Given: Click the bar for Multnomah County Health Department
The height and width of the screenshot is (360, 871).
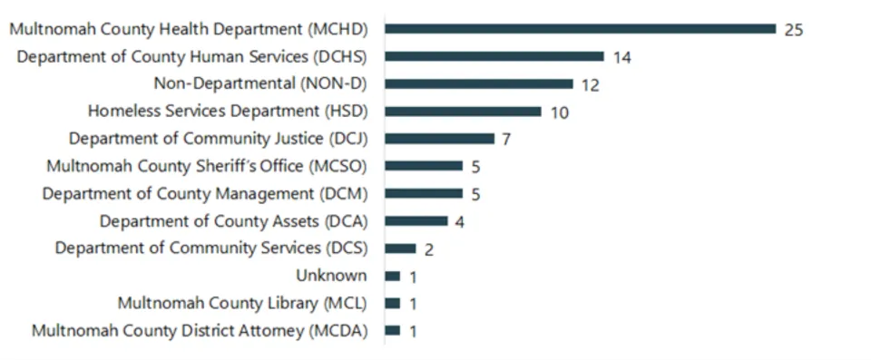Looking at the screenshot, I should point(581,29).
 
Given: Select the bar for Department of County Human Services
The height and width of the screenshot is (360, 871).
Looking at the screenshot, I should point(494,56).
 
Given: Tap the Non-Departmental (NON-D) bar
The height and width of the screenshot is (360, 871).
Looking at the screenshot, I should point(479,84).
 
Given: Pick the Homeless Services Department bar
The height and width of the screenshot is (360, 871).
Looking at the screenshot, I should point(463,112).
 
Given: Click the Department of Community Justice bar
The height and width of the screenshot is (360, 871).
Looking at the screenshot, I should point(440,139).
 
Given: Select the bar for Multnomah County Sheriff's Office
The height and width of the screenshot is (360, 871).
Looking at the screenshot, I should point(424,167).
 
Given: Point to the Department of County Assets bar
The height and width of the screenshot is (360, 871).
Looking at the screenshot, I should point(416,221).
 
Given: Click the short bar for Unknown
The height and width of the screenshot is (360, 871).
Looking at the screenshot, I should point(393,276).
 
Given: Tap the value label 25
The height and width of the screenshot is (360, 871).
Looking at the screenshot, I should point(794,30).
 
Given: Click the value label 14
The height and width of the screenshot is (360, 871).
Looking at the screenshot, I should point(621,57).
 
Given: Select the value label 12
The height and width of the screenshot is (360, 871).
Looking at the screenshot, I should point(591,85).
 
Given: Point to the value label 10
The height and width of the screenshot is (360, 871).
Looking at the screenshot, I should point(559,112).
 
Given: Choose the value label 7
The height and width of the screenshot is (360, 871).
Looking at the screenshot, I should point(507,140).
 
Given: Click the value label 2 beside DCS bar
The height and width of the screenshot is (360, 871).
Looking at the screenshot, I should point(429,249).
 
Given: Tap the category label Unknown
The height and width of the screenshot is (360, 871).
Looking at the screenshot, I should point(331,276).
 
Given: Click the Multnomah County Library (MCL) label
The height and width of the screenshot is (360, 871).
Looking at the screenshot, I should point(242,303).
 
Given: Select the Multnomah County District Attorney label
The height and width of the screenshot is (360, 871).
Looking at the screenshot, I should point(200,331).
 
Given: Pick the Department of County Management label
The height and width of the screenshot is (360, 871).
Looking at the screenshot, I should point(205,194).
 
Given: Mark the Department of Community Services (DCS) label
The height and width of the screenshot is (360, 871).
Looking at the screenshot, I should point(211,248).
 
